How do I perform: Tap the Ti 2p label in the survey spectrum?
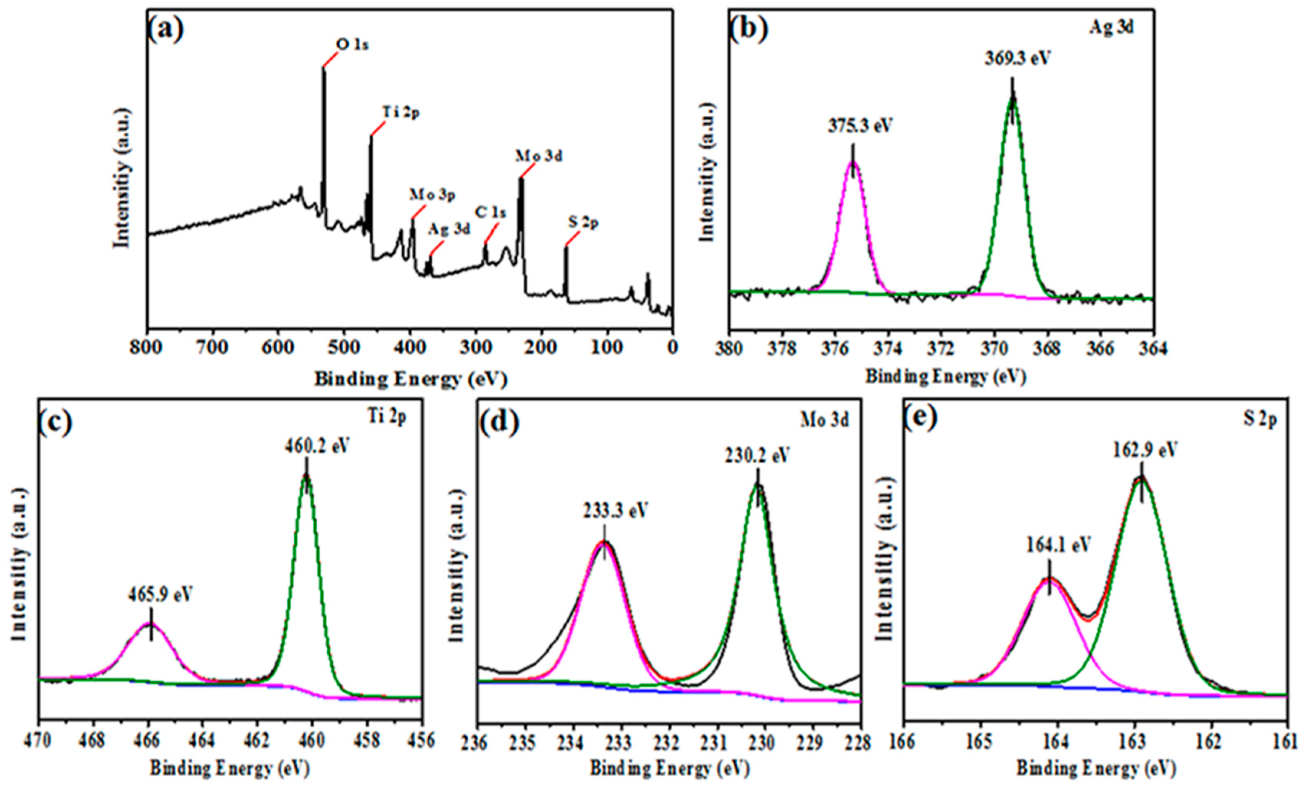[x=401, y=113]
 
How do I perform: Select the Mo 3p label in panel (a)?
[x=432, y=195]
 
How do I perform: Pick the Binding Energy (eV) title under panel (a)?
[x=410, y=379]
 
